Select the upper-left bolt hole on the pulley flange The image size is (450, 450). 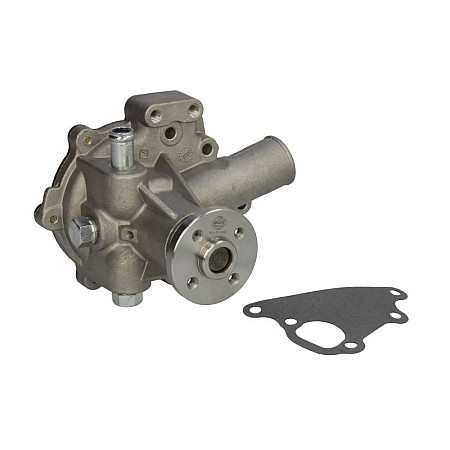(196, 238)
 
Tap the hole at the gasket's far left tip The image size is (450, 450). (252, 310)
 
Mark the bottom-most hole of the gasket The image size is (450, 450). (350, 345)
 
